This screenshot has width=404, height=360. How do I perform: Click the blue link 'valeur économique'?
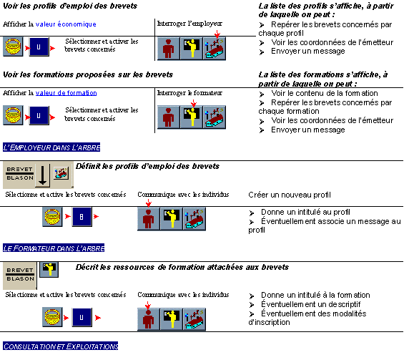pyautogui.click(x=66, y=24)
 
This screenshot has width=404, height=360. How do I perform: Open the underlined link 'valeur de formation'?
pyautogui.click(x=66, y=93)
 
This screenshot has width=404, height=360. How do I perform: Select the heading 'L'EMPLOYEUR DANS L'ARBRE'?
pyautogui.click(x=51, y=147)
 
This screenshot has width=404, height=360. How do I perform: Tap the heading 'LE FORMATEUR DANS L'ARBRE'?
pyautogui.click(x=54, y=248)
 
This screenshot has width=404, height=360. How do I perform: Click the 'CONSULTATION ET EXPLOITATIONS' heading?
pyautogui.click(x=61, y=346)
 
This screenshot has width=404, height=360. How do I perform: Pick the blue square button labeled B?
pyautogui.click(x=82, y=217)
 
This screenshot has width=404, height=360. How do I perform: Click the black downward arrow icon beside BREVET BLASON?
pyautogui.click(x=42, y=175)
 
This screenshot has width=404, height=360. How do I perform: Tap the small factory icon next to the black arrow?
pyautogui.click(x=61, y=172)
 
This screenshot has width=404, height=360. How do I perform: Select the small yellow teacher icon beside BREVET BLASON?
pyautogui.click(x=49, y=270)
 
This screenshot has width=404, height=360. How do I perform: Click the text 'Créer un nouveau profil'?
pyautogui.click(x=290, y=195)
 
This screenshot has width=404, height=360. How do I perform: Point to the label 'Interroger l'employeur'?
pyautogui.click(x=189, y=24)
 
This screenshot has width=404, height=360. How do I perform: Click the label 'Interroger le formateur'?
pyautogui.click(x=189, y=93)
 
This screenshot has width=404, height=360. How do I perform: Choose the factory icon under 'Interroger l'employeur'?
pyautogui.click(x=215, y=49)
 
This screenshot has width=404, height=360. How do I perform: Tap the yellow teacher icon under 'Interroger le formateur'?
pyautogui.click(x=192, y=117)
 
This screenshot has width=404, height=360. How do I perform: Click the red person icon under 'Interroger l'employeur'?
pyautogui.click(x=169, y=49)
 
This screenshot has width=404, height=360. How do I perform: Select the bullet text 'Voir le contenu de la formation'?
pyautogui.click(x=325, y=93)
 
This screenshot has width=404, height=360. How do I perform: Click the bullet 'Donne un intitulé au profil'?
pyautogui.click(x=305, y=212)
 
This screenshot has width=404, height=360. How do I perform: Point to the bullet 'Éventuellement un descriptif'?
pyautogui.click(x=311, y=304)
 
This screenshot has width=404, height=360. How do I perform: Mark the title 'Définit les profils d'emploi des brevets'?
pyautogui.click(x=147, y=166)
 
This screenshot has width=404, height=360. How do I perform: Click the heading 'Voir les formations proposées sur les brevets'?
pyautogui.click(x=88, y=74)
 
